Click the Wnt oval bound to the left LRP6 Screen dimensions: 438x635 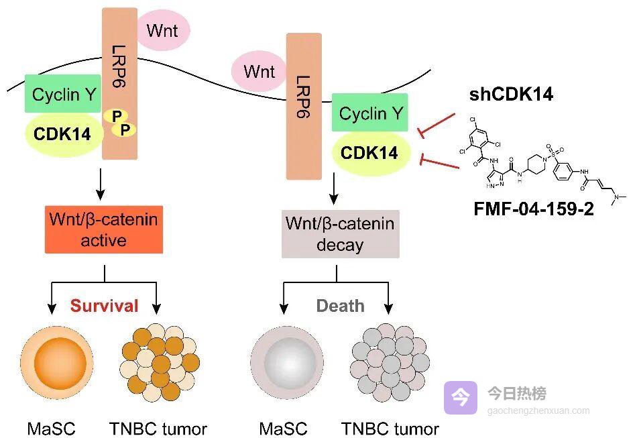coord(164,30)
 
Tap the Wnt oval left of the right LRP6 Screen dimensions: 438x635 coord(258,71)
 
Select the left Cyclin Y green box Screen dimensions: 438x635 coord(64,95)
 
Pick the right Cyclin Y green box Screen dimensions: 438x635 coord(370,113)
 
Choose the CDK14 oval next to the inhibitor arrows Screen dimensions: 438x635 coord(369,153)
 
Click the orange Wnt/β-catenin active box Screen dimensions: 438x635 coord(104,230)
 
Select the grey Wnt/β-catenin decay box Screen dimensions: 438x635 coord(340,234)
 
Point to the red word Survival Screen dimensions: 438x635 coord(105,306)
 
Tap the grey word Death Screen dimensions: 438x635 coord(340,306)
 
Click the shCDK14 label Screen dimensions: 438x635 coord(511,95)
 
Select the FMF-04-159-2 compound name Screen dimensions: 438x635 coord(534,209)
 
